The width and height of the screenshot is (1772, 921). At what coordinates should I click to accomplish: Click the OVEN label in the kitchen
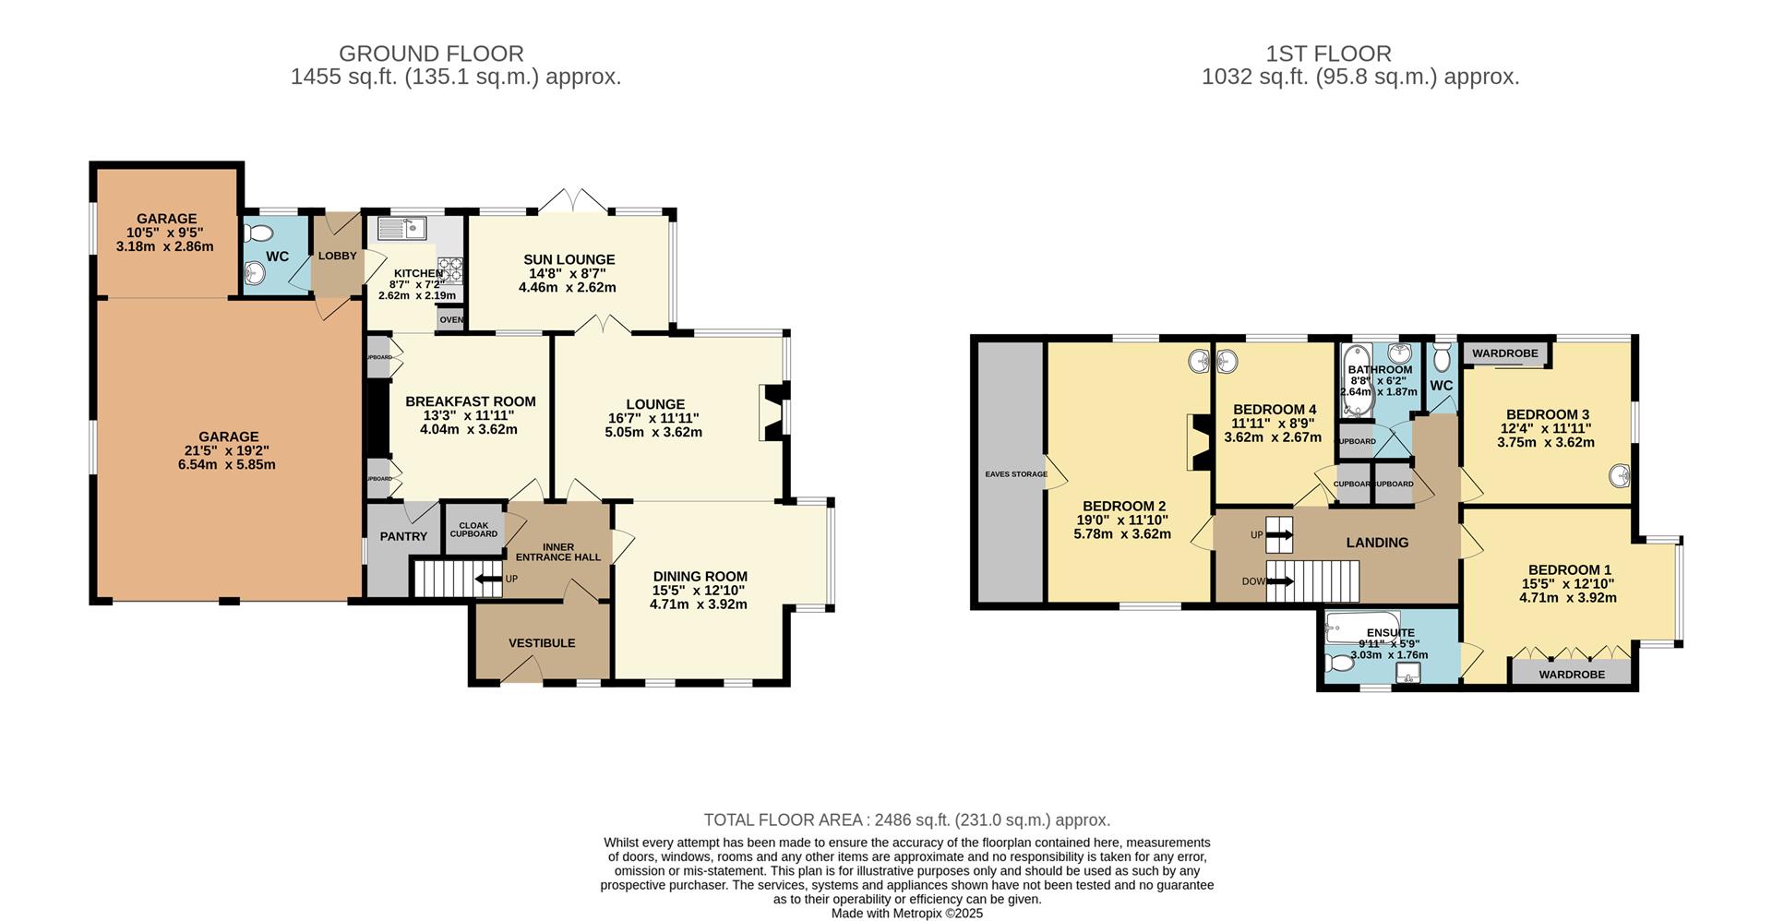tap(451, 320)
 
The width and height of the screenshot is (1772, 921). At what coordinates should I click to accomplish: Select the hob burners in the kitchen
tap(449, 269)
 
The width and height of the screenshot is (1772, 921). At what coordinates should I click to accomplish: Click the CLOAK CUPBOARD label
tap(473, 530)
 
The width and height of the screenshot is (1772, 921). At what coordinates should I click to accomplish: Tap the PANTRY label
tap(403, 536)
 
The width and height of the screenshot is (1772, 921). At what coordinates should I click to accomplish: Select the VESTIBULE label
tap(542, 642)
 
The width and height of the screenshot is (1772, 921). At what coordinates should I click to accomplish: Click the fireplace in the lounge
tap(772, 413)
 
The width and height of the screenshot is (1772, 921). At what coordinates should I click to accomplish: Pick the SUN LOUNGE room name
tap(569, 259)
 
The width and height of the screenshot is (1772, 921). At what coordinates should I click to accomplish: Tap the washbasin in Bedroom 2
tap(1199, 362)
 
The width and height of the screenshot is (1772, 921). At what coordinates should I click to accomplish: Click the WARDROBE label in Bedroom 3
tap(1504, 353)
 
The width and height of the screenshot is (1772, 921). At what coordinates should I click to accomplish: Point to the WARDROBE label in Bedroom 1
tap(1572, 675)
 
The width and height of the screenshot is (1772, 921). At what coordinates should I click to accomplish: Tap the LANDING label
tap(1377, 543)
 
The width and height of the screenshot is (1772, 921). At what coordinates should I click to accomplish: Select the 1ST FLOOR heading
tap(1360, 54)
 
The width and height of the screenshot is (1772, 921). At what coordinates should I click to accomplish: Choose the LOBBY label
tap(337, 256)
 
